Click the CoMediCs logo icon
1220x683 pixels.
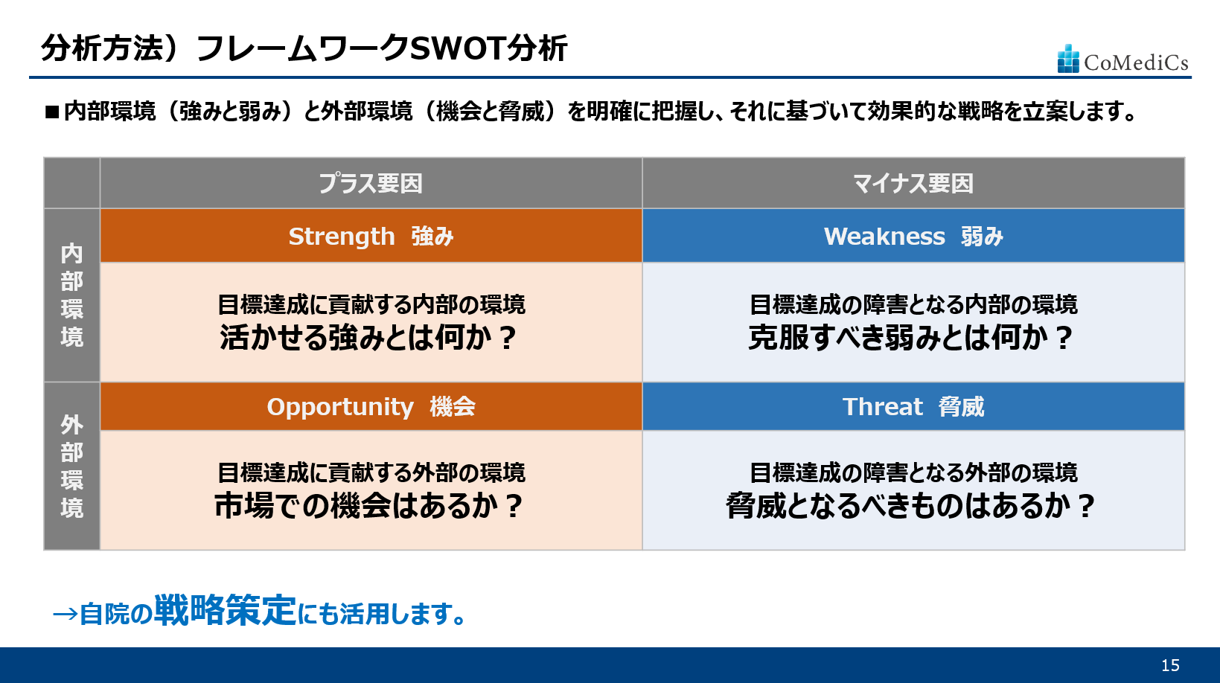coord(1068,58)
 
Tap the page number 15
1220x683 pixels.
coord(1170,665)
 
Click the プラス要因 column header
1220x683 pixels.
coord(371,184)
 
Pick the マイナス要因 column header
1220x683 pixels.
coord(913,184)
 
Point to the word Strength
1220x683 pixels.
coord(342,236)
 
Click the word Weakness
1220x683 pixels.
coord(884,236)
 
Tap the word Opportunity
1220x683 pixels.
coord(340,407)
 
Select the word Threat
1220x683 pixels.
coord(882,406)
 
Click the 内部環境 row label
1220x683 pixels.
coord(72,295)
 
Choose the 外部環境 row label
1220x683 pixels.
coord(72,466)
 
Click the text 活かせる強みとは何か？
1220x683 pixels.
coord(368,338)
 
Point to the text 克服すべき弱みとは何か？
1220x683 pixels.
coord(911,338)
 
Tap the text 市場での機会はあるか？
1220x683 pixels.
coord(368,506)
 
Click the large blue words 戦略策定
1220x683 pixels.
coord(226,609)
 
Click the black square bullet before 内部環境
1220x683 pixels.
coord(52,112)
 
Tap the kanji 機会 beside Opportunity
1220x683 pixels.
coord(452,407)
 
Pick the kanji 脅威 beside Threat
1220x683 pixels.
coord(961,406)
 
